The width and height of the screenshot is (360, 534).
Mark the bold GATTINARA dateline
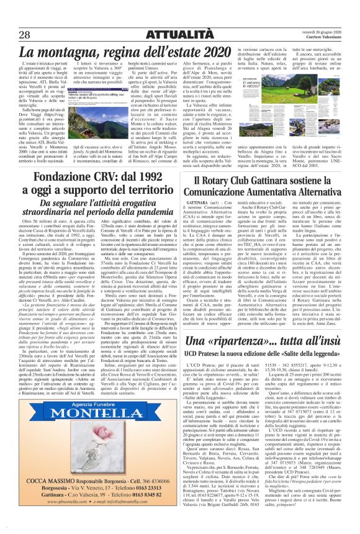pos(197,202)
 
